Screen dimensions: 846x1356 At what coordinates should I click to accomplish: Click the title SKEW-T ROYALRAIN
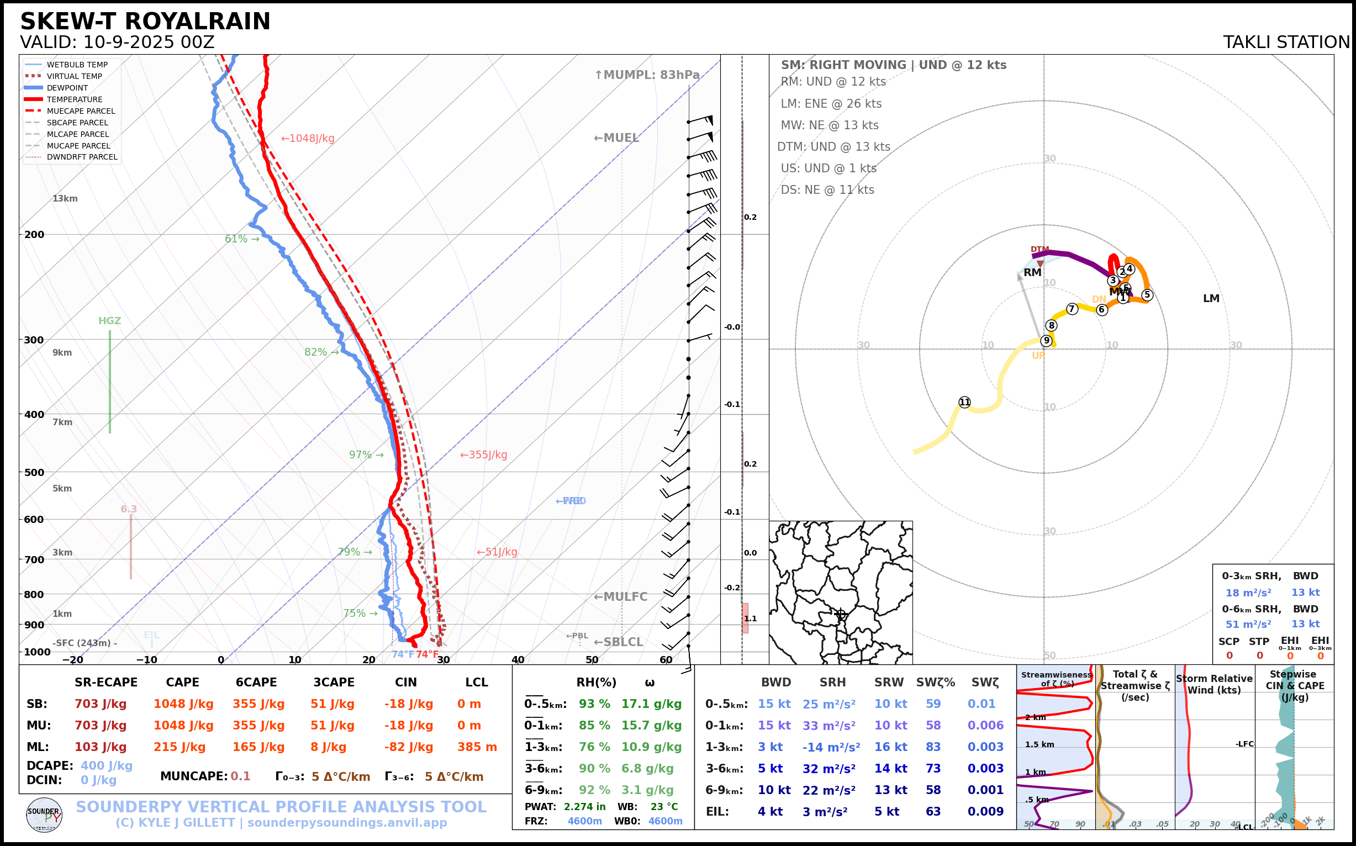click(145, 22)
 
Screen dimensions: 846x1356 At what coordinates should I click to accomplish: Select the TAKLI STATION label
click(1286, 43)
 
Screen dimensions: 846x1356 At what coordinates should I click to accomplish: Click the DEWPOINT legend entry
click(67, 88)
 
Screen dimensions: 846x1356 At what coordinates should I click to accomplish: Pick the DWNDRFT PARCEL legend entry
click(82, 157)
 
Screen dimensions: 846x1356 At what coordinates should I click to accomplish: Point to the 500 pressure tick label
click(34, 472)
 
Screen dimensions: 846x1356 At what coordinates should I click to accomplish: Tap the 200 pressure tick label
click(34, 235)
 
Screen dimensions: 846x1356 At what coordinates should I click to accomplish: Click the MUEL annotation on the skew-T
click(616, 138)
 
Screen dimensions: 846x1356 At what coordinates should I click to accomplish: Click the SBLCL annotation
click(619, 642)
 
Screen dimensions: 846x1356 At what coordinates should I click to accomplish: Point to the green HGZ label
click(110, 321)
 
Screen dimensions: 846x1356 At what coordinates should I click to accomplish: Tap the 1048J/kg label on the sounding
click(308, 138)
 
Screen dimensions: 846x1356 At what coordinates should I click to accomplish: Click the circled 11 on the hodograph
click(964, 403)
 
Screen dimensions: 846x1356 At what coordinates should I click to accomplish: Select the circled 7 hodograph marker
click(1072, 309)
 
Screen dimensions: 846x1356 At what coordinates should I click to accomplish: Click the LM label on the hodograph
click(1211, 299)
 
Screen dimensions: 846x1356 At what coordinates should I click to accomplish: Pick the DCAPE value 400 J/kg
click(107, 765)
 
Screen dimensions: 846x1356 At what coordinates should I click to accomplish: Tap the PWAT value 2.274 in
click(584, 807)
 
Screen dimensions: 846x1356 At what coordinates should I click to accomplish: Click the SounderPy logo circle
click(44, 815)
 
